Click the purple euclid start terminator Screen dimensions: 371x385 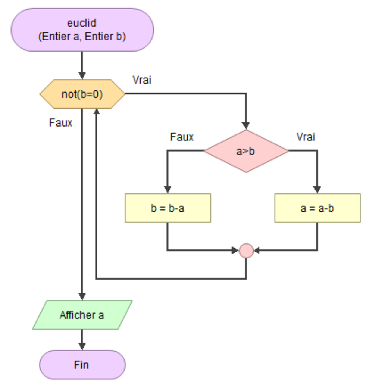pyautogui.click(x=82, y=30)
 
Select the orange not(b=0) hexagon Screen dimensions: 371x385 pyautogui.click(x=82, y=93)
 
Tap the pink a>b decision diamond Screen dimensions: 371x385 pyautogui.click(x=246, y=151)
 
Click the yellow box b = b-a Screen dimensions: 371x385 pyautogui.click(x=168, y=208)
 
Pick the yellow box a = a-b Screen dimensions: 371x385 pyautogui.click(x=318, y=208)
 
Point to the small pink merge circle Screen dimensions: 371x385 pyautogui.click(x=246, y=251)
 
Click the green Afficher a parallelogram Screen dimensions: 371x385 pyautogui.click(x=82, y=315)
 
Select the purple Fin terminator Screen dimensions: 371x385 pyautogui.click(x=82, y=365)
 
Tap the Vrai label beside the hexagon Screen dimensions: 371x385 pyautogui.click(x=142, y=80)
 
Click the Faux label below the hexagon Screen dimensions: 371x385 pyautogui.click(x=61, y=123)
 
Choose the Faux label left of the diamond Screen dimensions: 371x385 pyautogui.click(x=182, y=137)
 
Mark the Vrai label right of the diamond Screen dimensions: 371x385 pyautogui.click(x=306, y=137)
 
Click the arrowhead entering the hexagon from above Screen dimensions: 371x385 pyautogui.click(x=82, y=75)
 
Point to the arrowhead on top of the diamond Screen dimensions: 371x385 pyautogui.click(x=246, y=126)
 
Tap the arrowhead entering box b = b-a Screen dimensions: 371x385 pyautogui.click(x=168, y=190)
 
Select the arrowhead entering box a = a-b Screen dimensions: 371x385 pyautogui.click(x=318, y=190)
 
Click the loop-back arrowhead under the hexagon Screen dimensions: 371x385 pyautogui.click(x=96, y=111)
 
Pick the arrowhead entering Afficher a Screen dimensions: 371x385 pyautogui.click(x=82, y=296)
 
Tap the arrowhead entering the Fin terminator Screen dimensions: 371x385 pyautogui.click(x=82, y=347)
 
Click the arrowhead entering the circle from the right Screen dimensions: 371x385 pyautogui.click(x=257, y=251)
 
